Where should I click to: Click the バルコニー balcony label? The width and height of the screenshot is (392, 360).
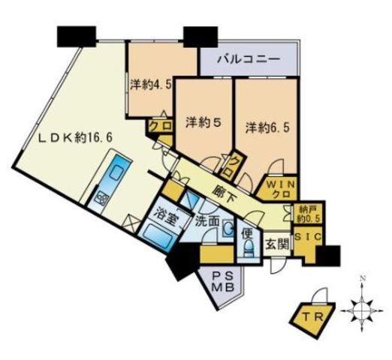pyautogui.click(x=249, y=58)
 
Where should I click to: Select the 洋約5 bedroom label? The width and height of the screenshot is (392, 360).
pyautogui.click(x=201, y=124)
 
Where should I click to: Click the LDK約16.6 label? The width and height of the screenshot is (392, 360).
pyautogui.click(x=67, y=138)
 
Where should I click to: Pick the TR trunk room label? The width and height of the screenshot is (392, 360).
pyautogui.click(x=315, y=316)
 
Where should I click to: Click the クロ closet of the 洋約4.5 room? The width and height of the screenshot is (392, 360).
pyautogui.click(x=159, y=127)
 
